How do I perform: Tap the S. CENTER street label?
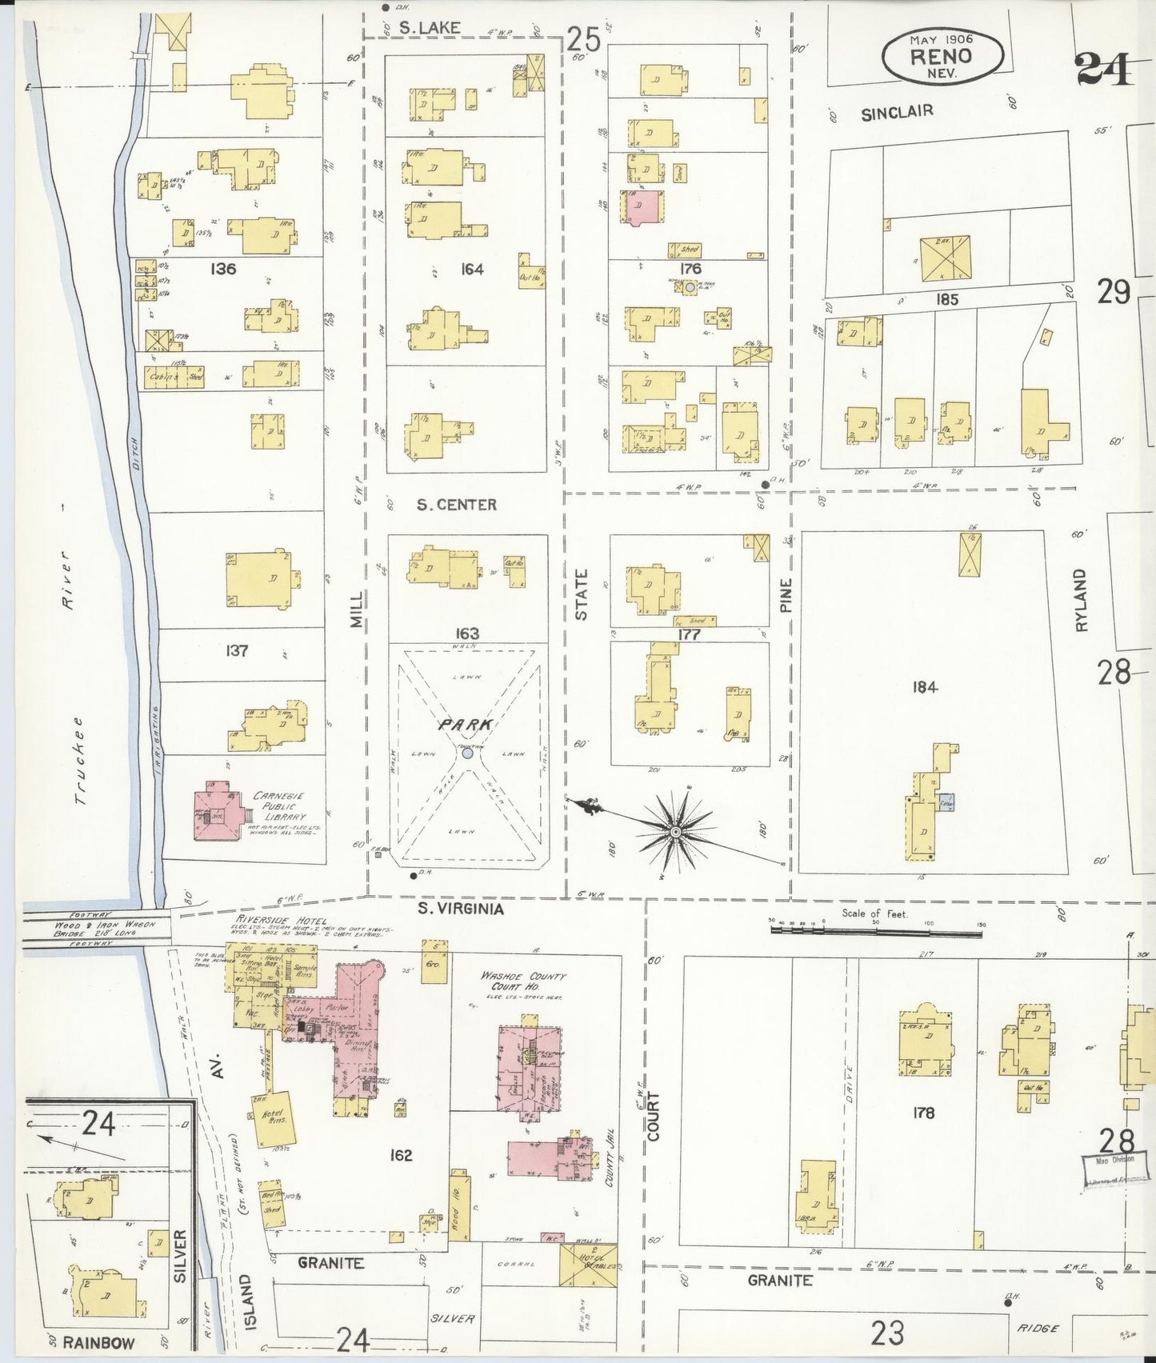pos(457,505)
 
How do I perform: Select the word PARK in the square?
pos(463,725)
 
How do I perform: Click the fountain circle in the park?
pos(467,753)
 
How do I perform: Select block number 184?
pos(923,686)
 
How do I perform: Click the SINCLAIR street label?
pos(896,113)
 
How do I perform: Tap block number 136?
pos(223,269)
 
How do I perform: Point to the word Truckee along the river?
pos(79,758)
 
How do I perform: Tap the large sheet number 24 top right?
pos(1103,69)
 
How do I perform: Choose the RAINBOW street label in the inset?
pos(100,1342)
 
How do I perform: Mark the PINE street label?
pos(786,596)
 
